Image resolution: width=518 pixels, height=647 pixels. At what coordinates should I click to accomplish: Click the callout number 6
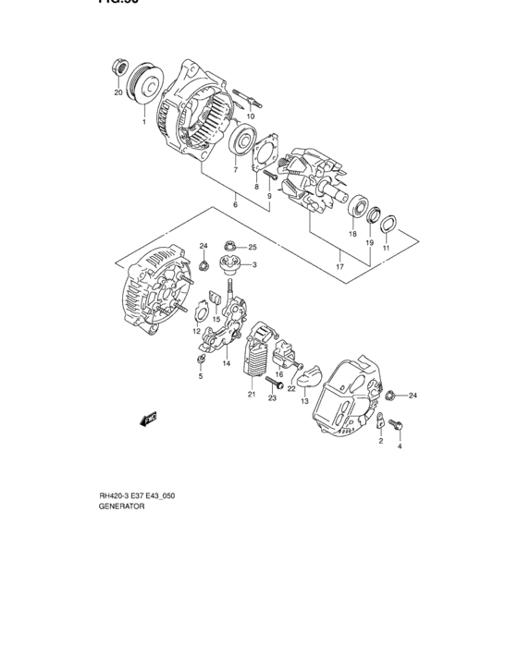click(x=235, y=203)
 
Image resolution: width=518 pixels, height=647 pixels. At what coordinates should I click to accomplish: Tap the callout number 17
click(x=339, y=267)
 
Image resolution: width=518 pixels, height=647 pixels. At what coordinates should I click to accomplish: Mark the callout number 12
click(x=196, y=330)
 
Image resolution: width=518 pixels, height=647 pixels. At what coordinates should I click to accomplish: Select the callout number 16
click(x=278, y=374)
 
